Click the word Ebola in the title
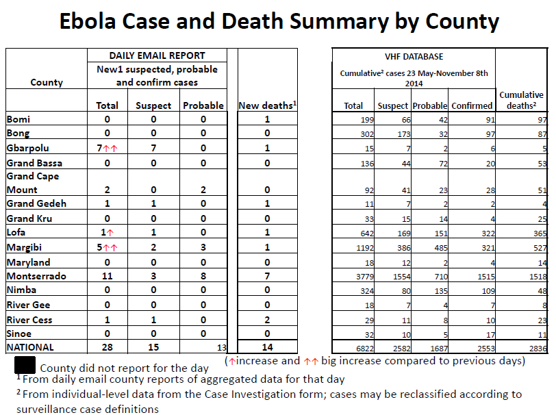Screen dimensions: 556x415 (88, 21)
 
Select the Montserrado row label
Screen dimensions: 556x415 (36, 276)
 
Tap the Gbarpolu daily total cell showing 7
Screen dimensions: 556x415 (100, 148)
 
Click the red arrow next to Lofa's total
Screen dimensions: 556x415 (110, 233)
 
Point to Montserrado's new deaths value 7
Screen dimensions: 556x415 (267, 276)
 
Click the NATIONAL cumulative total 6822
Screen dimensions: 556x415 (365, 349)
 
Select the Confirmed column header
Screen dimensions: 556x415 (472, 105)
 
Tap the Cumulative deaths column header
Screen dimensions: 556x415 (521, 100)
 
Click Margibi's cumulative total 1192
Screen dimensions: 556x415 (365, 248)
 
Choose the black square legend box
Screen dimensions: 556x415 (25, 365)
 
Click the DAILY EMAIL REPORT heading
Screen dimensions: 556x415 (157, 55)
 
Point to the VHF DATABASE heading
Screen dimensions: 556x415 (414, 56)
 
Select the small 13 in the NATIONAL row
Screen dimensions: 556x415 (222, 348)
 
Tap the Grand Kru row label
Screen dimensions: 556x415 (29, 218)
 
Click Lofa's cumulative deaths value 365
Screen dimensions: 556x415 (540, 234)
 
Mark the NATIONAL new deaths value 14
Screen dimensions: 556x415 (267, 347)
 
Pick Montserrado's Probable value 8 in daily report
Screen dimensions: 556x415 (203, 276)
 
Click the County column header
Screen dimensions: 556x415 (47, 82)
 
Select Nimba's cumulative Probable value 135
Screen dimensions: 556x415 (441, 291)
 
